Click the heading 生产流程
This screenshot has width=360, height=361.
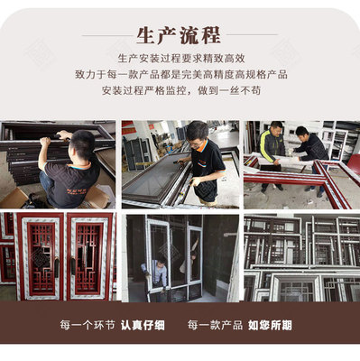click(x=179, y=36)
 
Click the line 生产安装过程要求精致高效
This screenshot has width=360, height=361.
click(x=180, y=59)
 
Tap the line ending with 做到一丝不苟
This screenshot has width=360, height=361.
click(x=180, y=91)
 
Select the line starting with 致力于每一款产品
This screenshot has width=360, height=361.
click(x=180, y=75)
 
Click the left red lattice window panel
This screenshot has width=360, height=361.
click(x=39, y=257)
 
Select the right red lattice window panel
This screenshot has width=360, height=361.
click(x=88, y=257)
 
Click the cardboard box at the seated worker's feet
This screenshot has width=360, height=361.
click(x=18, y=198)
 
